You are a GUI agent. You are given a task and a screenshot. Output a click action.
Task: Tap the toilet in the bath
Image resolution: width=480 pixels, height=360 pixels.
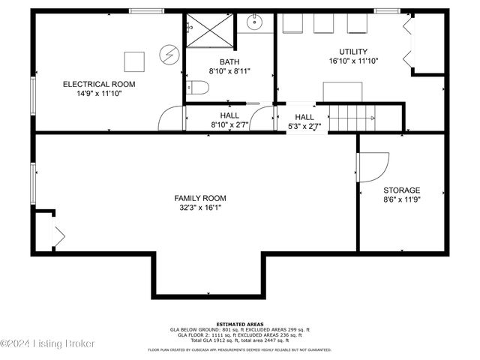tap(197, 89)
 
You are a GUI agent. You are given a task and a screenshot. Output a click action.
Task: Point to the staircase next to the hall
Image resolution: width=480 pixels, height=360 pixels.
tap(353, 117)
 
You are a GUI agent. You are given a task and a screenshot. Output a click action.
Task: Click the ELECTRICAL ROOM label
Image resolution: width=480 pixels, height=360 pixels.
tap(99, 84)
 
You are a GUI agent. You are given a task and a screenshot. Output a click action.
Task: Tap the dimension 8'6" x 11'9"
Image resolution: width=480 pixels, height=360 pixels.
tap(402, 200)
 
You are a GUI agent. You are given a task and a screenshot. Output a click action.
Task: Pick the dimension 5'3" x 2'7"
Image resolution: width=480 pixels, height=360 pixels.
tap(304, 127)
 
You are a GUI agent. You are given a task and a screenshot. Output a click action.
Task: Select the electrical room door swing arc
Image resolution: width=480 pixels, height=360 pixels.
tap(170, 119)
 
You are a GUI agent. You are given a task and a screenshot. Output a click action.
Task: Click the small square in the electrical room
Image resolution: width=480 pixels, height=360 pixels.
tap(134, 59)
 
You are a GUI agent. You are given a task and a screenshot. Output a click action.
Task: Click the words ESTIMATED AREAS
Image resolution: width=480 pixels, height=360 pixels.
tap(240, 324)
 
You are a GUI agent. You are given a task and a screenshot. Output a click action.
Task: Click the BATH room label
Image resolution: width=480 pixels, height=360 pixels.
tap(229, 61)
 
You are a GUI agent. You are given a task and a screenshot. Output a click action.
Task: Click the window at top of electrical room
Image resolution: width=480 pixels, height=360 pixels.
tap(142, 10)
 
